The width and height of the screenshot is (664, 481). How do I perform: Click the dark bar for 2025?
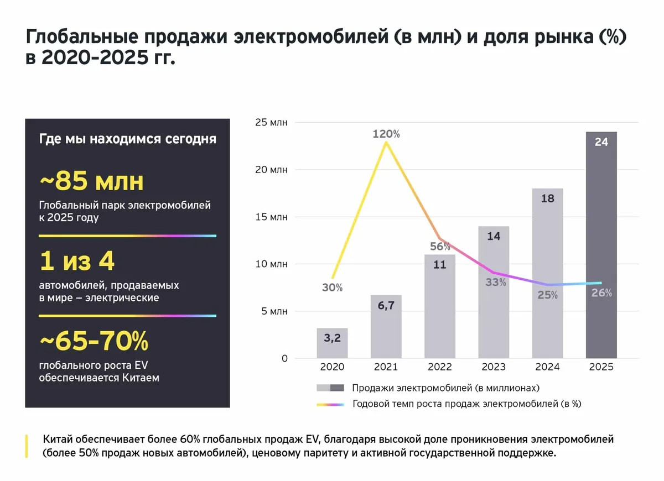tap(601, 249)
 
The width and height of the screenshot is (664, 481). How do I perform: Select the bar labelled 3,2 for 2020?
tap(332, 343)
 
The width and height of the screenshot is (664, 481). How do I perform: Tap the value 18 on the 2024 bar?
tap(547, 198)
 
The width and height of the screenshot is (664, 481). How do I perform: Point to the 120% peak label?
tap(386, 134)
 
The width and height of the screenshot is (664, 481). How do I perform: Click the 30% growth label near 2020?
tap(332, 287)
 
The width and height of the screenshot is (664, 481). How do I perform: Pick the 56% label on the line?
tap(440, 247)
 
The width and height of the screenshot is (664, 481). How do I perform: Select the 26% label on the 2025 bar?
tap(601, 293)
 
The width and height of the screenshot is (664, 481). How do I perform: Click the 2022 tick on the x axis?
tap(440, 367)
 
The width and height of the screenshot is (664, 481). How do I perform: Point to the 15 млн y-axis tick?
tap(271, 217)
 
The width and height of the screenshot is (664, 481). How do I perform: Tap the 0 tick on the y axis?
tap(284, 358)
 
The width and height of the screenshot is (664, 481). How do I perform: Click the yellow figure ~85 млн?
tap(91, 181)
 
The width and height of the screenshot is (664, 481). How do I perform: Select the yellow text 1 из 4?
tap(77, 262)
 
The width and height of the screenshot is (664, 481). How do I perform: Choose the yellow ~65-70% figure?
tap(94, 342)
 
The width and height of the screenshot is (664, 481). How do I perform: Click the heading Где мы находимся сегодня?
tap(127, 139)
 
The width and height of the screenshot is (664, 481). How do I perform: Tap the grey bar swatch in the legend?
tap(330, 388)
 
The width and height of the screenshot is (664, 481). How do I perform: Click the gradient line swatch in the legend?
tap(330, 404)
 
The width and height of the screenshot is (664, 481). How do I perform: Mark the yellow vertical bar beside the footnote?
tap(27, 446)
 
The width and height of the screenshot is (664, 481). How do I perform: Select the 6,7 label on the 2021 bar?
tap(386, 305)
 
